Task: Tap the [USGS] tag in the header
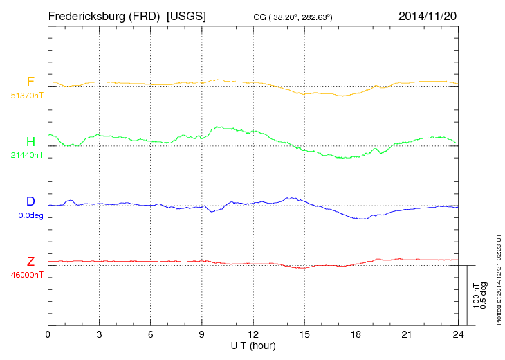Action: coord(186,15)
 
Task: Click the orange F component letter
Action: coord(30,82)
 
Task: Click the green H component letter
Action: coord(30,142)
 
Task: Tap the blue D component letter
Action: coord(30,201)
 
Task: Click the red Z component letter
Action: coord(30,262)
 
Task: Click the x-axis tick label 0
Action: coord(48,335)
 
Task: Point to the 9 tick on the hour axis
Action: coord(202,335)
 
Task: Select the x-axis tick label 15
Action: coord(304,335)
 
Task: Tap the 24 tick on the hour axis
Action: coord(458,335)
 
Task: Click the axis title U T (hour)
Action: coord(253,345)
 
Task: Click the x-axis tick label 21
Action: coord(407,335)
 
